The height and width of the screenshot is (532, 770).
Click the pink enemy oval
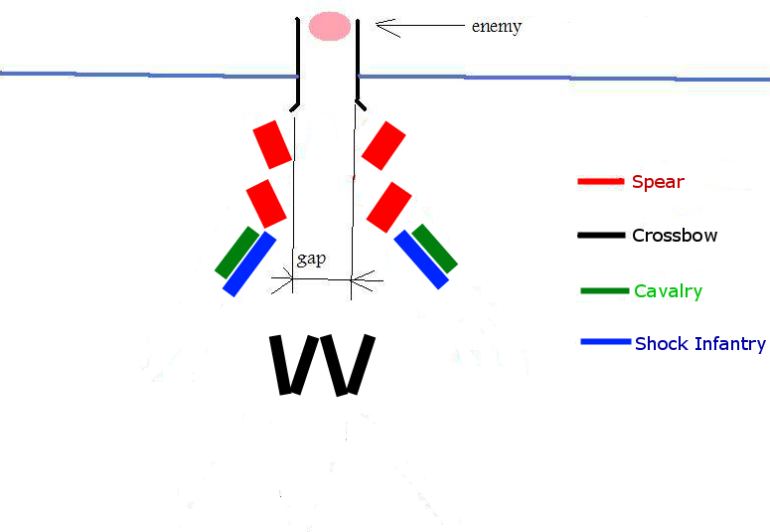pyautogui.click(x=329, y=26)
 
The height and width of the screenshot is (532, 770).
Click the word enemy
pyautogui.click(x=496, y=26)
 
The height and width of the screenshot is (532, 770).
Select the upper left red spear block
pyautogui.click(x=272, y=145)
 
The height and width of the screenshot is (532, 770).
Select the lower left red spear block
pyautogui.click(x=266, y=203)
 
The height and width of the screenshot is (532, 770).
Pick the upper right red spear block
pyautogui.click(x=384, y=145)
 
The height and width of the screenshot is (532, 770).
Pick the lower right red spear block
pyautogui.click(x=388, y=206)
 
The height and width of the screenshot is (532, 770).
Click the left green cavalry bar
pyautogui.click(x=236, y=252)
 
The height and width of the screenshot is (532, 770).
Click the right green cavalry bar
pyautogui.click(x=434, y=248)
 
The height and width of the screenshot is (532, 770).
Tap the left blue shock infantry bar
pyautogui.click(x=249, y=264)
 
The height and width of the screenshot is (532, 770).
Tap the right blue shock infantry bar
pyautogui.click(x=421, y=260)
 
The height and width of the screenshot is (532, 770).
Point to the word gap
pyautogui.click(x=311, y=261)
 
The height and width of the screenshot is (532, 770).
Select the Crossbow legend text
pyautogui.click(x=675, y=236)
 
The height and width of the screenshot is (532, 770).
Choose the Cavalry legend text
pyautogui.click(x=668, y=291)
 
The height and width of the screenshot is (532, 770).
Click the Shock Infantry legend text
pyautogui.click(x=699, y=344)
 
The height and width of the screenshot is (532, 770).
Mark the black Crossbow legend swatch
pyautogui.click(x=602, y=236)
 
